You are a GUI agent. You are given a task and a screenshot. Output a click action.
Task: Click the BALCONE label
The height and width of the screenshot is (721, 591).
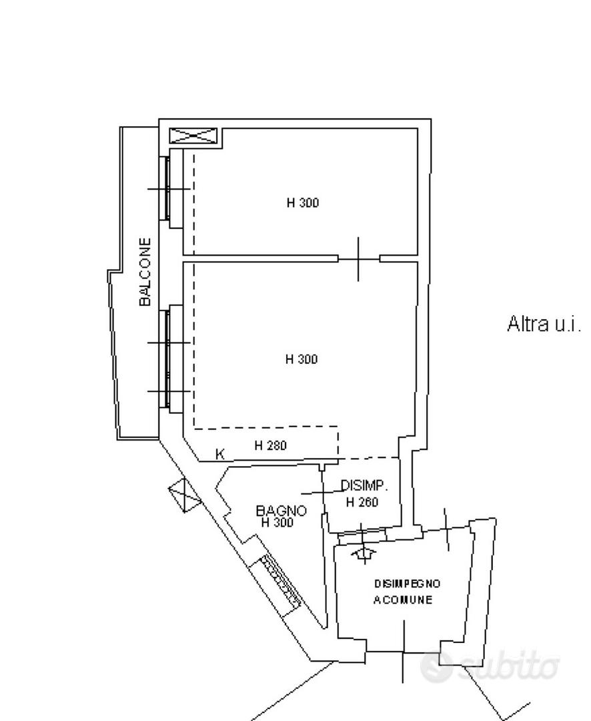tap(145, 272)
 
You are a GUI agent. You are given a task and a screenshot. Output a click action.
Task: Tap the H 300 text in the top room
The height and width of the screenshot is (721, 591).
tap(303, 203)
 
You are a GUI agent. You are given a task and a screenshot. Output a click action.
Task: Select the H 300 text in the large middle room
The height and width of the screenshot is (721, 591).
tap(302, 359)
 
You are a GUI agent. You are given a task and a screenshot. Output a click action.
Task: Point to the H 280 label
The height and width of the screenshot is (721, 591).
tap(271, 445)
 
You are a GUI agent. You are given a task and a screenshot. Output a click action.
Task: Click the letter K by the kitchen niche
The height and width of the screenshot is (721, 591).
tap(219, 455)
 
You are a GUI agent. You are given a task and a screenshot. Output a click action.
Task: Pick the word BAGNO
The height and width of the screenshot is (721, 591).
tap(281, 511)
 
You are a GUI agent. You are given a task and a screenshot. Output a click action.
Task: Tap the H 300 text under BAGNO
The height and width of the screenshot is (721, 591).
tap(277, 522)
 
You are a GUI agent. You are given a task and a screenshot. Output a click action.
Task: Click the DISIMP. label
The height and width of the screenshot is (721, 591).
tap(364, 485)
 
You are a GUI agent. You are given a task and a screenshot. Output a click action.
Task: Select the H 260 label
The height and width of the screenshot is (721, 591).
tap(362, 501)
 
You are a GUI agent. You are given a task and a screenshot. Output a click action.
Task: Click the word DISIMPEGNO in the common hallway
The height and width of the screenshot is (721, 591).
tap(408, 583)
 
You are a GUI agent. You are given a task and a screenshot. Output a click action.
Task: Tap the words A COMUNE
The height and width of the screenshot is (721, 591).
tap(403, 600)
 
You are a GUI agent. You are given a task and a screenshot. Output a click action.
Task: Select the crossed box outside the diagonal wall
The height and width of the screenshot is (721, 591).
tap(185, 495)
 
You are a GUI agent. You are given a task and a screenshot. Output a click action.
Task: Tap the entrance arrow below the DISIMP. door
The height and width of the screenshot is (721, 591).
tap(364, 553)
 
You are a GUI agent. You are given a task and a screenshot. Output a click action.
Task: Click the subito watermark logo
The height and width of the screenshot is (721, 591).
tap(490, 666)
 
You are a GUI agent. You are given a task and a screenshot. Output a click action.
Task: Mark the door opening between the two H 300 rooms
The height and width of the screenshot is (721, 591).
tap(359, 259)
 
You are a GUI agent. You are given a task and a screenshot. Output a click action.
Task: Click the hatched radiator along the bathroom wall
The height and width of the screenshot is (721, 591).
tap(281, 581)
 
